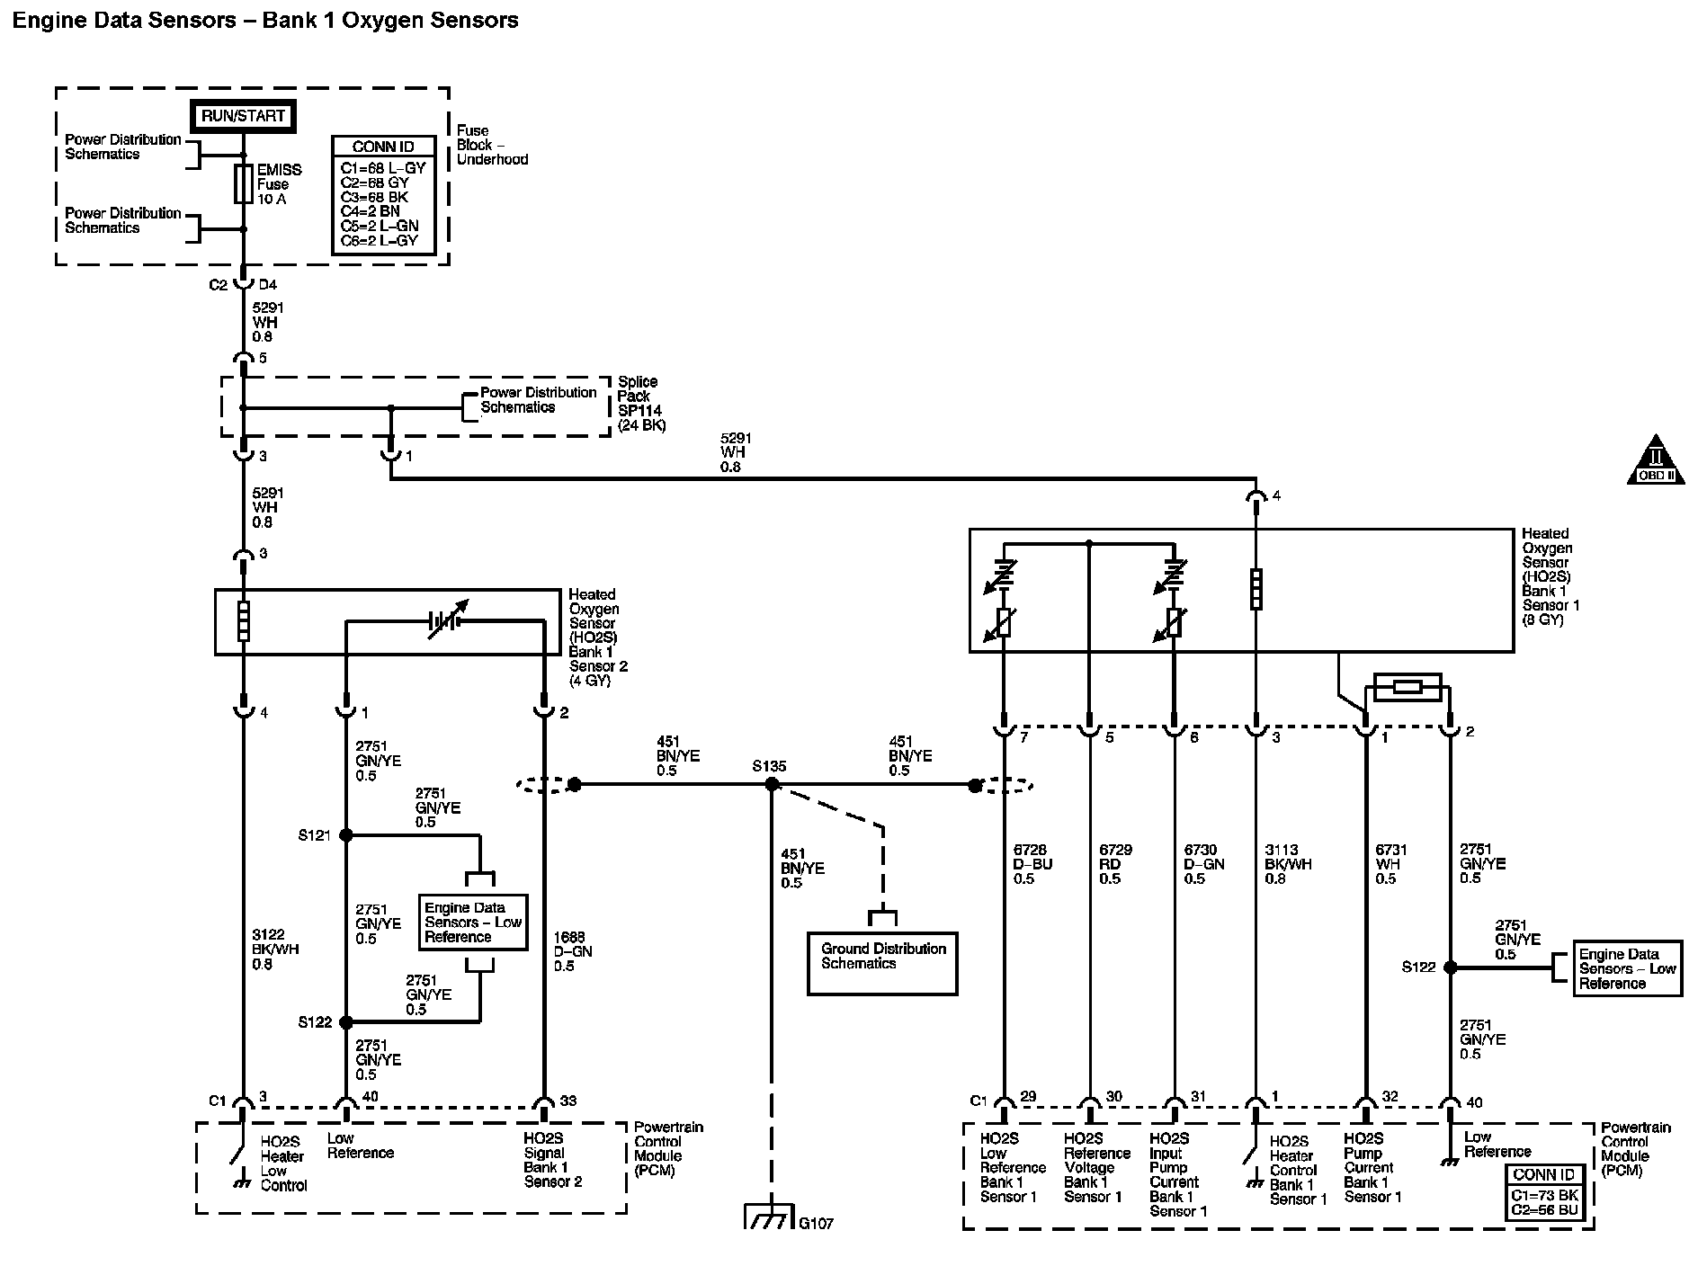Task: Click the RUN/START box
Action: (x=243, y=116)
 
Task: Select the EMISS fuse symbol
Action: (x=243, y=183)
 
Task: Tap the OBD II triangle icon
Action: (x=1656, y=463)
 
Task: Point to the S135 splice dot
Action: (x=771, y=785)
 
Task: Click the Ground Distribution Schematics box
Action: (x=882, y=963)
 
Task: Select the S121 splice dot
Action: (x=346, y=835)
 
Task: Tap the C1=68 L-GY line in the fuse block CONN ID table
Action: (x=383, y=167)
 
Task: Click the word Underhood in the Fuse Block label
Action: (x=493, y=159)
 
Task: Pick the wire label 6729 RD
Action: (x=1115, y=864)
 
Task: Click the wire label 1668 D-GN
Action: (x=573, y=951)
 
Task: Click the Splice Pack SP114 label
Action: (x=642, y=404)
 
